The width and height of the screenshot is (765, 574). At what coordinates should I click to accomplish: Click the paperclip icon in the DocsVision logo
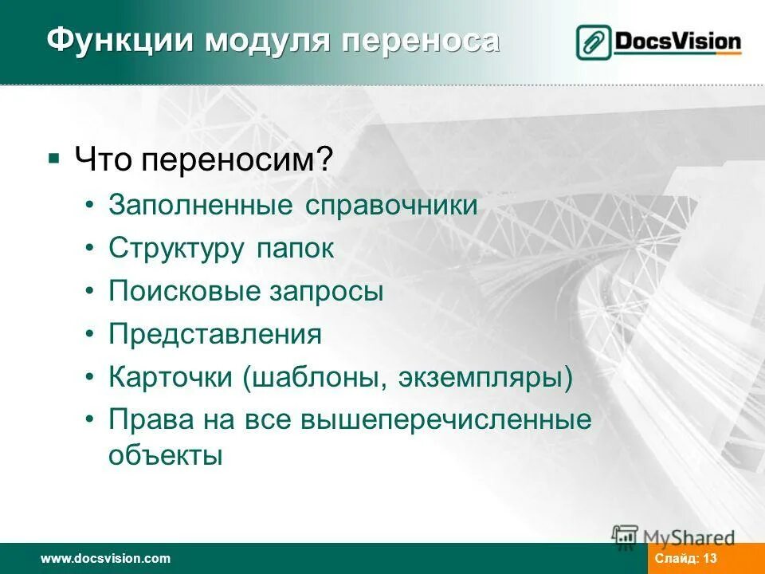tap(594, 42)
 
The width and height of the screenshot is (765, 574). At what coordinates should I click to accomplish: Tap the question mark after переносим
tap(325, 161)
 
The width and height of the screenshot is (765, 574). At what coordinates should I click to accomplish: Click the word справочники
tap(390, 206)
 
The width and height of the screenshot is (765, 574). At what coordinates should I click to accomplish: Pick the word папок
tap(295, 249)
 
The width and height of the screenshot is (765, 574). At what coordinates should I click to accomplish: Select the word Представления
tap(215, 334)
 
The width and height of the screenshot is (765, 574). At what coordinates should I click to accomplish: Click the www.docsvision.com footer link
tap(105, 559)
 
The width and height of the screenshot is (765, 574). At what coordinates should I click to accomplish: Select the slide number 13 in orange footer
tap(711, 559)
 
